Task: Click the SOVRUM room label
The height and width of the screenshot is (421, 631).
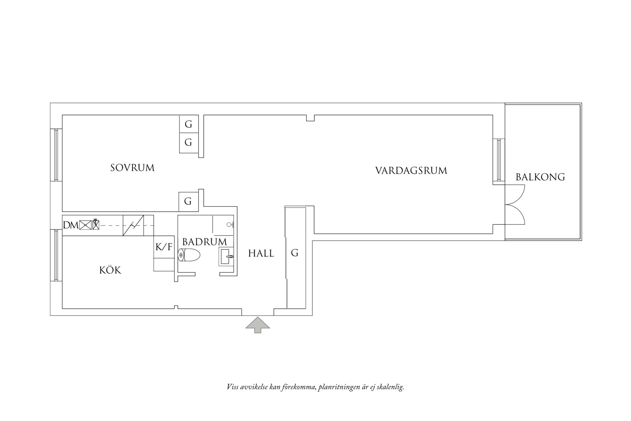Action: click(x=132, y=168)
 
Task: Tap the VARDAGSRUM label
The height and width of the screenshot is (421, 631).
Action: click(x=411, y=171)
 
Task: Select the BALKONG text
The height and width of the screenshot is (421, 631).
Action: click(x=540, y=177)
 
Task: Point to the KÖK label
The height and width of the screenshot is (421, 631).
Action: click(x=110, y=271)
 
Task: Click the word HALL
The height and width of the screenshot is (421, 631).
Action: click(x=261, y=254)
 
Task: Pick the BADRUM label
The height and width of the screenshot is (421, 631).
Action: click(x=205, y=242)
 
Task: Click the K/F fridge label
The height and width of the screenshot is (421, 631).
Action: click(x=164, y=247)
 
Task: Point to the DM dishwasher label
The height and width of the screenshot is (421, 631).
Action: click(x=71, y=225)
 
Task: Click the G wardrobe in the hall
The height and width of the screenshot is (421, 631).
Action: click(x=295, y=253)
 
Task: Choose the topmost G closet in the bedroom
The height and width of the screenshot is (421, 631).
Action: click(x=188, y=124)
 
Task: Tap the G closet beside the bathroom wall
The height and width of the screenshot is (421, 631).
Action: click(x=188, y=201)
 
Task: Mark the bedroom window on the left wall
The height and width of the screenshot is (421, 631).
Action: click(x=56, y=155)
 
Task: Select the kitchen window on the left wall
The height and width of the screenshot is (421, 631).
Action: click(x=56, y=255)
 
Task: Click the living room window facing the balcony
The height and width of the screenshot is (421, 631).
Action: click(x=498, y=160)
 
